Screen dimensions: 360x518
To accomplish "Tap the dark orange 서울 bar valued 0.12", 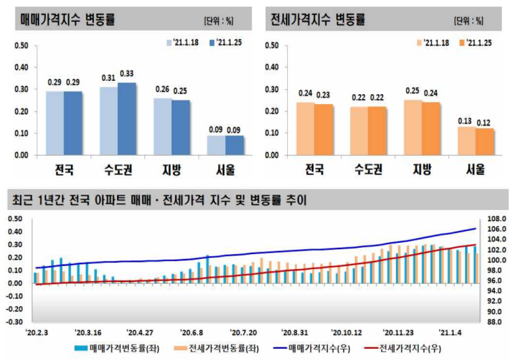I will [x=485, y=142].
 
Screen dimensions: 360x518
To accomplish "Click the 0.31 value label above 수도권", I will [x=109, y=78].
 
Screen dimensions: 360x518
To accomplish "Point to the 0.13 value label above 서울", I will [x=466, y=120].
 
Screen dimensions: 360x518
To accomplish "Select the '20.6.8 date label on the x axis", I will [x=190, y=333].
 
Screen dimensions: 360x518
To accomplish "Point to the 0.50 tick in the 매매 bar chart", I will [x=21, y=46].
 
